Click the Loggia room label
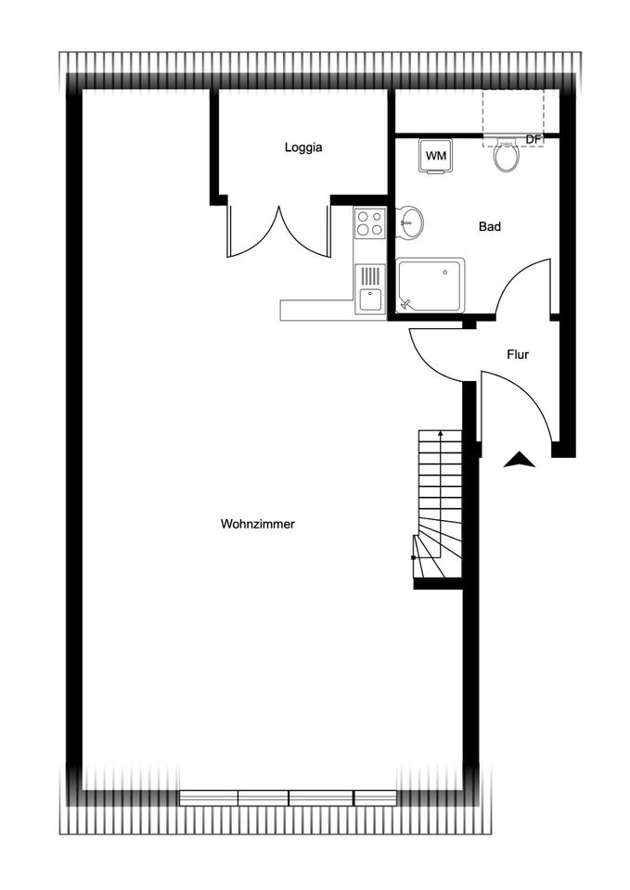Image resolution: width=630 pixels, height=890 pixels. pyautogui.click(x=303, y=147)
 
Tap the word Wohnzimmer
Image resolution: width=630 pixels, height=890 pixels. pyautogui.click(x=257, y=524)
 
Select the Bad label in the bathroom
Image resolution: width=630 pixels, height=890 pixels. pyautogui.click(x=490, y=227)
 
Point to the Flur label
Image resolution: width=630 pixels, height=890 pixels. pyautogui.click(x=518, y=355)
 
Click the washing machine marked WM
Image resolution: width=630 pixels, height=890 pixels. pyautogui.click(x=436, y=156)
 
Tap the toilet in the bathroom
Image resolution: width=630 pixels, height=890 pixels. pyautogui.click(x=507, y=155)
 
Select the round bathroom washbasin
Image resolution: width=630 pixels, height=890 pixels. pyautogui.click(x=409, y=222)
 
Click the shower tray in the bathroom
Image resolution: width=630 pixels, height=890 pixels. pyautogui.click(x=430, y=286)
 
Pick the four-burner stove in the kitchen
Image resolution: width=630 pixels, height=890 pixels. pyautogui.click(x=370, y=222)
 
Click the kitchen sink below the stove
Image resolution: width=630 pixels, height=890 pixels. pyautogui.click(x=370, y=288)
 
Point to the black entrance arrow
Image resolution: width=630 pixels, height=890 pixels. pyautogui.click(x=520, y=460)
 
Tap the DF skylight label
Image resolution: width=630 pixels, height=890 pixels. pyautogui.click(x=533, y=139)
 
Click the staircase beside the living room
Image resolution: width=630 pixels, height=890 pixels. pyautogui.click(x=437, y=504)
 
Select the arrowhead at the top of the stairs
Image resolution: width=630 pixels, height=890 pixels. pyautogui.click(x=441, y=434)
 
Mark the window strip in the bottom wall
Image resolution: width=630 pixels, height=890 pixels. pyautogui.click(x=288, y=797)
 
